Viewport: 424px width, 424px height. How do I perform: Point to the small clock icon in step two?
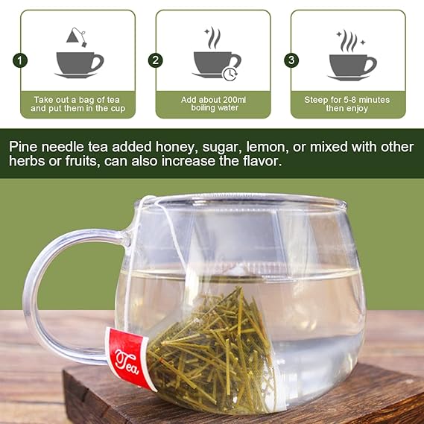point(230,73)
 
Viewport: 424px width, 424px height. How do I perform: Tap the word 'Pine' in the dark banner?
point(24,145)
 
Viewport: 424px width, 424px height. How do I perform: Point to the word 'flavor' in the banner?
point(260,162)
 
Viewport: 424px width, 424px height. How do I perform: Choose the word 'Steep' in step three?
point(318,98)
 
